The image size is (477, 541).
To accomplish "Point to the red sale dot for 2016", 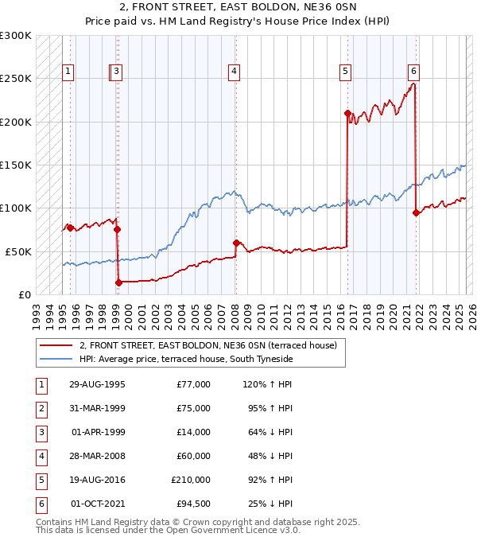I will tap(347, 113).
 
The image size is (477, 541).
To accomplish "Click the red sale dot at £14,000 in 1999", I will tap(118, 282).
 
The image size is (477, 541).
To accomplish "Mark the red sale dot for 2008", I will tap(236, 243).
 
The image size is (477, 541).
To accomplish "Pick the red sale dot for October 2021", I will tap(416, 212).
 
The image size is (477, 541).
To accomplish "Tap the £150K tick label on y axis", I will tap(16, 165).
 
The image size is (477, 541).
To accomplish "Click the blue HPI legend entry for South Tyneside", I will tap(186, 360).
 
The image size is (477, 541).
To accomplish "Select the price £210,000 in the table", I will tap(191, 479).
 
